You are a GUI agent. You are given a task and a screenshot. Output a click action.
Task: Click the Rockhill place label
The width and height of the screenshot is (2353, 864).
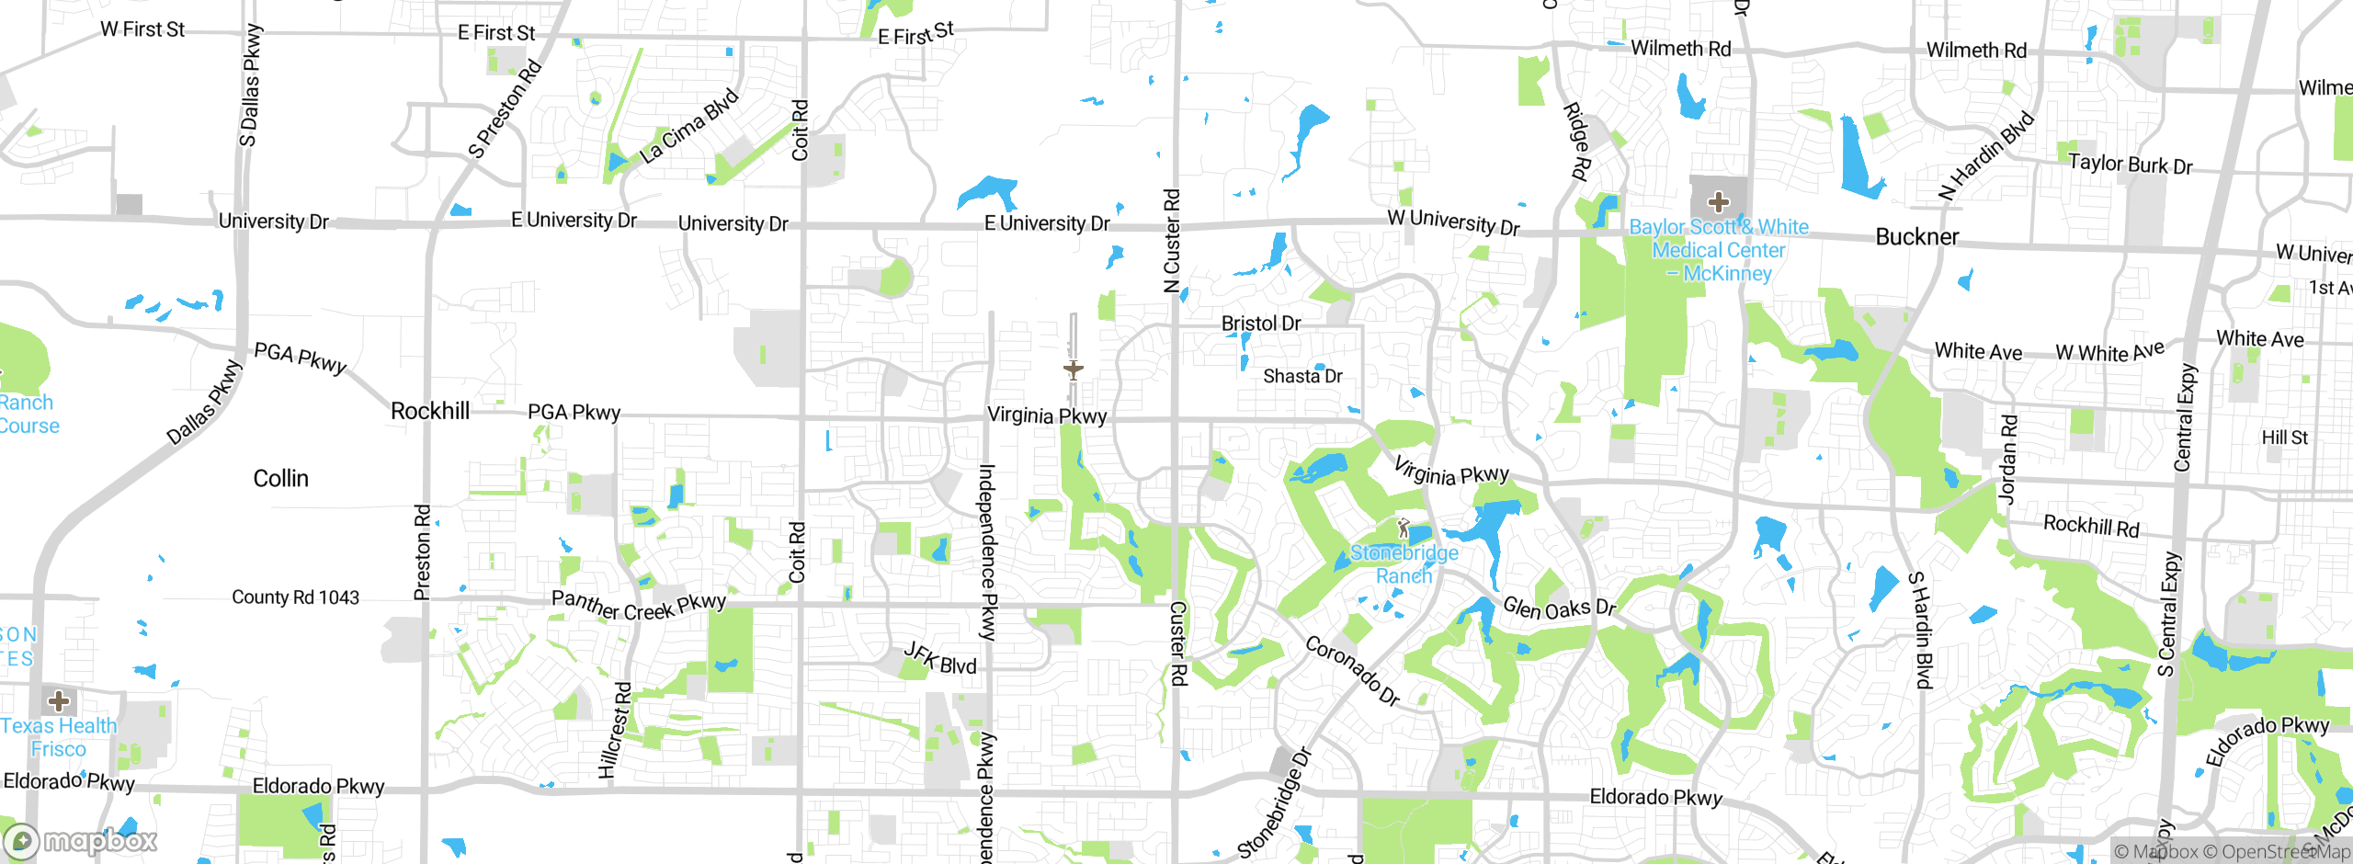click(430, 411)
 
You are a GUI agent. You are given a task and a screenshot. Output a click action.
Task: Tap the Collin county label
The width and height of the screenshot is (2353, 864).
click(280, 478)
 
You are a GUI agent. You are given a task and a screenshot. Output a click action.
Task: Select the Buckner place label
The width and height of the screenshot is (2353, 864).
click(1916, 237)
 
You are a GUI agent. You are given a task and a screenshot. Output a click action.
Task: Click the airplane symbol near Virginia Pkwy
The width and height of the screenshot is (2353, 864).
click(1073, 369)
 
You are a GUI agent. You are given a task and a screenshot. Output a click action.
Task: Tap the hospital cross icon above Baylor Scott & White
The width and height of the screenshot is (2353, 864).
click(1718, 202)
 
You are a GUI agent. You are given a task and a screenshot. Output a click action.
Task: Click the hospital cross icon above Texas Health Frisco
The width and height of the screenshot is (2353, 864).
click(59, 701)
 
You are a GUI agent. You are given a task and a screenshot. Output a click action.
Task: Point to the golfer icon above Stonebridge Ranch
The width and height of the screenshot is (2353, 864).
click(1403, 529)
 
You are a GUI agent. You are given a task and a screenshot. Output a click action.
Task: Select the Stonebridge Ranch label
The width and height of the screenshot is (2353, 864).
click(1404, 564)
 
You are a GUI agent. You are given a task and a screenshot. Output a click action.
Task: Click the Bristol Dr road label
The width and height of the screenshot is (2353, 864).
click(1260, 324)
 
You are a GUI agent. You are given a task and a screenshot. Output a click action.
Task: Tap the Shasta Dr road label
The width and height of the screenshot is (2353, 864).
click(1302, 376)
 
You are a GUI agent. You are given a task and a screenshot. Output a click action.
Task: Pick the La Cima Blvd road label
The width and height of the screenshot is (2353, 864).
click(688, 127)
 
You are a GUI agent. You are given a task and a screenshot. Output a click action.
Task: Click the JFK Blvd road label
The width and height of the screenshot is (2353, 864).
click(939, 658)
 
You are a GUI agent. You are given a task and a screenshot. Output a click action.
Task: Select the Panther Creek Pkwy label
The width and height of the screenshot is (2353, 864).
click(639, 605)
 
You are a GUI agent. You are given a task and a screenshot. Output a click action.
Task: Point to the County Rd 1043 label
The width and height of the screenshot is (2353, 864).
click(295, 597)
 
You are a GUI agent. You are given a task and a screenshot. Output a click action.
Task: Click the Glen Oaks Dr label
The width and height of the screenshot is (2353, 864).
click(1559, 608)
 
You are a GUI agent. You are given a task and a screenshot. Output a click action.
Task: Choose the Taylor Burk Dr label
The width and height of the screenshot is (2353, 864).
click(2130, 165)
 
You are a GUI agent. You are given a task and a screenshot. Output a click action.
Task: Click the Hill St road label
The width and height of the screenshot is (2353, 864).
click(2284, 438)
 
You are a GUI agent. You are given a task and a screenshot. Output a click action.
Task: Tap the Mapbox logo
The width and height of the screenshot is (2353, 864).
click(81, 840)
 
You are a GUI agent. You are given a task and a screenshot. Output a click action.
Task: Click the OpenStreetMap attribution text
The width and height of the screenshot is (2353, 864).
click(2276, 852)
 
